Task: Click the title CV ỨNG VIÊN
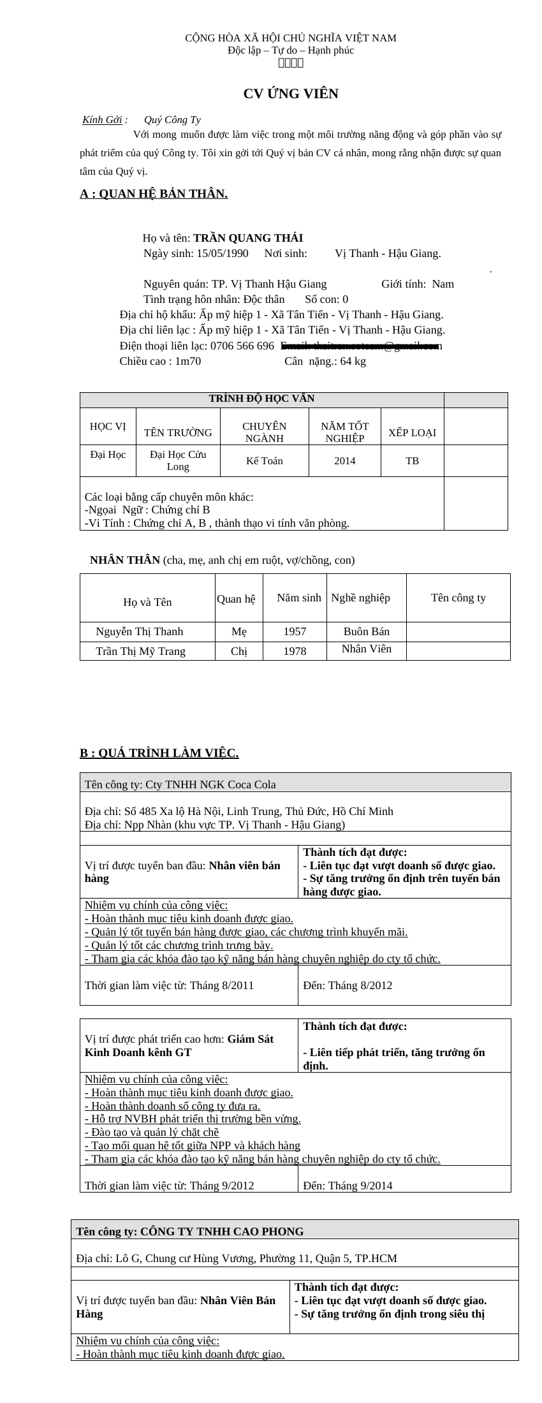(291, 94)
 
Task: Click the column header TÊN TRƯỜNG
(178, 433)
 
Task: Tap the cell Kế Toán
(264, 461)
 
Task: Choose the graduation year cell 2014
(345, 461)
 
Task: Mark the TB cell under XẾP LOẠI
(413, 461)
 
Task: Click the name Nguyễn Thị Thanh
(140, 632)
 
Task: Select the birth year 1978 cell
(295, 652)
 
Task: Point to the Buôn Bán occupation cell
(367, 632)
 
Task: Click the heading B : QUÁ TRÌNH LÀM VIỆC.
(159, 754)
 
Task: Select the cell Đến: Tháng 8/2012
(348, 986)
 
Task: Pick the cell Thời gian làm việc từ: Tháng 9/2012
(169, 1186)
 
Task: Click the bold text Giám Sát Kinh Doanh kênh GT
(179, 1046)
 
